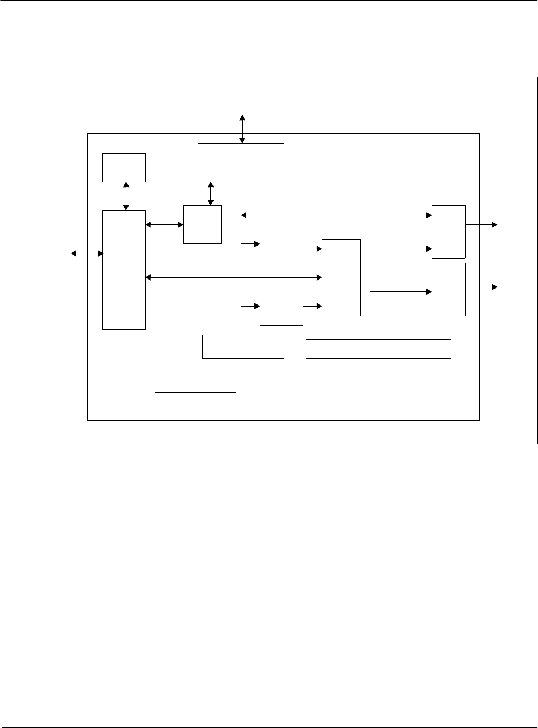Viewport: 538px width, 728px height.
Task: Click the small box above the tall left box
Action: pyautogui.click(x=124, y=167)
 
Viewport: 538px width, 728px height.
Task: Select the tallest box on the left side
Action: pyautogui.click(x=124, y=270)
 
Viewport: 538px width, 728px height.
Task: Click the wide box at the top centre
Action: pyautogui.click(x=241, y=163)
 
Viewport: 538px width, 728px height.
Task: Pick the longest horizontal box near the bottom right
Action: pyautogui.click(x=378, y=349)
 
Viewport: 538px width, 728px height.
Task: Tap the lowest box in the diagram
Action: pyautogui.click(x=195, y=380)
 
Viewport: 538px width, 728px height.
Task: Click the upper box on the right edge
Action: pyautogui.click(x=449, y=232)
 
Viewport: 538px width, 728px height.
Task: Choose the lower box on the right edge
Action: pyautogui.click(x=449, y=289)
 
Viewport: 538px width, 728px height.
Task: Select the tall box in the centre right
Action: pyautogui.click(x=341, y=277)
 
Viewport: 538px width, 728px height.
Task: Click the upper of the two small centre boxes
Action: pyautogui.click(x=281, y=249)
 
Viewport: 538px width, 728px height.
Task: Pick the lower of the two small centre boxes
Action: pyautogui.click(x=281, y=306)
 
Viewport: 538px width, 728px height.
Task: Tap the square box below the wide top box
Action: pyautogui.click(x=202, y=224)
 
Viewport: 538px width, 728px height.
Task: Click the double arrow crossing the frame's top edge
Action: pyautogui.click(x=242, y=129)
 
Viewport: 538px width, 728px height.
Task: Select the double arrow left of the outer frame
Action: pyautogui.click(x=87, y=254)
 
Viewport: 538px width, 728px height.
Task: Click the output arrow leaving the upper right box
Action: pyautogui.click(x=482, y=225)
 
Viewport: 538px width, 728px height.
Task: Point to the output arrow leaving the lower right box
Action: pyautogui.click(x=482, y=287)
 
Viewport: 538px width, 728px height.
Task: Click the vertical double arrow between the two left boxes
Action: pyautogui.click(x=126, y=196)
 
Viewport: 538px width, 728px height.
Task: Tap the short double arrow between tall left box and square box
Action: pyautogui.click(x=164, y=225)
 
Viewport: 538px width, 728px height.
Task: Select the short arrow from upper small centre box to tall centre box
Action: pyautogui.click(x=312, y=248)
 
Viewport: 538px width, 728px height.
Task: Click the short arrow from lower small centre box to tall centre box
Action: pyautogui.click(x=312, y=306)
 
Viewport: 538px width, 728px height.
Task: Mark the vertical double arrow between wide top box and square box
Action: pyautogui.click(x=211, y=193)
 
